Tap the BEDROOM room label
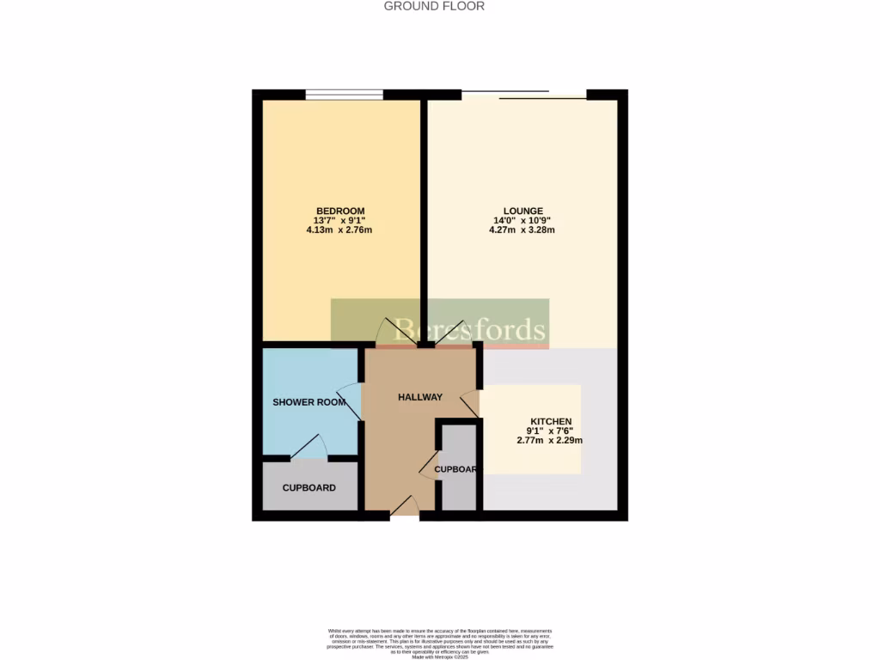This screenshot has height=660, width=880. tap(340, 211)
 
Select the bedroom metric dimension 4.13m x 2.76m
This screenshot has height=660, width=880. tap(340, 230)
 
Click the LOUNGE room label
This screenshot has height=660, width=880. tap(522, 211)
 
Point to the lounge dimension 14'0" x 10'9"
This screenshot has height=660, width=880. tap(522, 221)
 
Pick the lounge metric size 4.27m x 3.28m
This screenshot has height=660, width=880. tap(522, 230)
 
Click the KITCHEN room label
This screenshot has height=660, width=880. tap(550, 421)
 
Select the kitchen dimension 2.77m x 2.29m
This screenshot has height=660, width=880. tap(550, 440)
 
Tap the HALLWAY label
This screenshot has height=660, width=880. tap(420, 397)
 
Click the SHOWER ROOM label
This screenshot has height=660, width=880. tap(309, 402)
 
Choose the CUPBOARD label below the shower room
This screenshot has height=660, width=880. tap(309, 488)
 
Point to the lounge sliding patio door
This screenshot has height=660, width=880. tap(524, 95)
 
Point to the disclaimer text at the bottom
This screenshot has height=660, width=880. tap(440, 643)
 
